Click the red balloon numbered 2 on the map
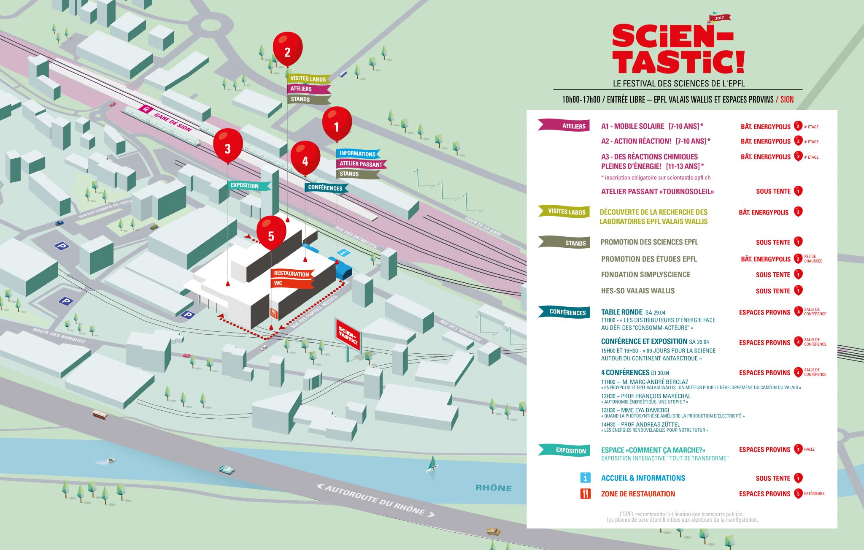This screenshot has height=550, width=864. [x=287, y=49]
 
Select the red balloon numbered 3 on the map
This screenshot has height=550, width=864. [x=228, y=146]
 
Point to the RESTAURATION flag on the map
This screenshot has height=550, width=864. [x=292, y=274]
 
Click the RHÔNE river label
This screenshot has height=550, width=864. [x=494, y=488]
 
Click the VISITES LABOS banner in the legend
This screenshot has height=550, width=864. [x=564, y=211]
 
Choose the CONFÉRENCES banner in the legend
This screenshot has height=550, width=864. [x=564, y=312]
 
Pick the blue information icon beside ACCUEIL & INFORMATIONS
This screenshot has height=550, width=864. [x=585, y=478]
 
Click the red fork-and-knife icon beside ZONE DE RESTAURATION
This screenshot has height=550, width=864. [x=585, y=493]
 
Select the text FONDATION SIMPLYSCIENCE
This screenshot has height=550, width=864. [x=645, y=275]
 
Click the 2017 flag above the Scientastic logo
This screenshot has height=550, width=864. [x=719, y=18]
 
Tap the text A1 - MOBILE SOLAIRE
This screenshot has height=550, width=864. [x=632, y=126]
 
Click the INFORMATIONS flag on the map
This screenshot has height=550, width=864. [x=358, y=154]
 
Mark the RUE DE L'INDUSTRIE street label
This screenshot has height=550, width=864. [x=461, y=331]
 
